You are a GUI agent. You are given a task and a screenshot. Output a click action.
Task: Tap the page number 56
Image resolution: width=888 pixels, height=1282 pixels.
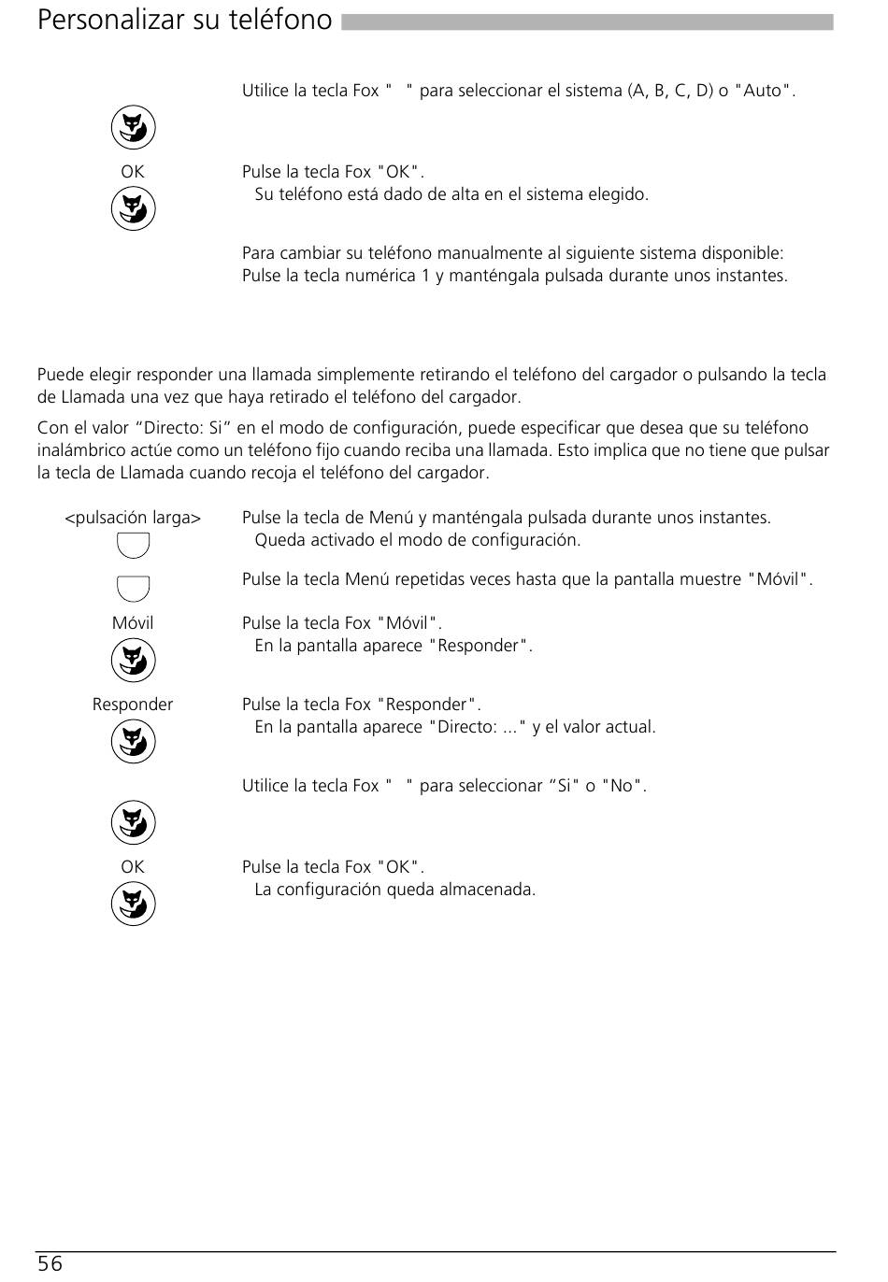pyautogui.click(x=50, y=1264)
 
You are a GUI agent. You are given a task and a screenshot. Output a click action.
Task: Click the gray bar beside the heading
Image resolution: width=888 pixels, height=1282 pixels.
pyautogui.click(x=587, y=21)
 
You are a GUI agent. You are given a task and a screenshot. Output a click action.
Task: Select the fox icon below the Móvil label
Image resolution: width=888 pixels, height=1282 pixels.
pyautogui.click(x=133, y=662)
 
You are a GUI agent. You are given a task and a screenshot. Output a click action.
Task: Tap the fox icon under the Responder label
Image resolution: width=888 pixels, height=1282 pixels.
pyautogui.click(x=133, y=743)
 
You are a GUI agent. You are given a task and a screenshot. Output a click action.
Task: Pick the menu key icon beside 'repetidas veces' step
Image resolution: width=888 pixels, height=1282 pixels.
pyautogui.click(x=133, y=589)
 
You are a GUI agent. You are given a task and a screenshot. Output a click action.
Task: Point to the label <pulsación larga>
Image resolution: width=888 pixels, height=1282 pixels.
pyautogui.click(x=133, y=518)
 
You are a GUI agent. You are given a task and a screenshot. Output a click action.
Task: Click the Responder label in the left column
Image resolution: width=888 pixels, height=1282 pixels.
pyautogui.click(x=133, y=705)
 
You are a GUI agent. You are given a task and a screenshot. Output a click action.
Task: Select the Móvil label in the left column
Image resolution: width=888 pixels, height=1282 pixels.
pyautogui.click(x=133, y=623)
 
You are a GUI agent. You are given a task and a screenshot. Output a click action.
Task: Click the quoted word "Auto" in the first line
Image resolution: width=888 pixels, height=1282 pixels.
pyautogui.click(x=764, y=91)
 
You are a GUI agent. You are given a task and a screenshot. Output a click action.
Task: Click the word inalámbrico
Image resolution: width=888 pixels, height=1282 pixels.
pyautogui.click(x=79, y=450)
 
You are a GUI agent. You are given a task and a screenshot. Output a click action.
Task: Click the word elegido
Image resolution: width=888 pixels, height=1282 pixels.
pyautogui.click(x=617, y=194)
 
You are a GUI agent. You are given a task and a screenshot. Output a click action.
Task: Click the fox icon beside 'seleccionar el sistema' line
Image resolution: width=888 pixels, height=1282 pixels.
pyautogui.click(x=133, y=128)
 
